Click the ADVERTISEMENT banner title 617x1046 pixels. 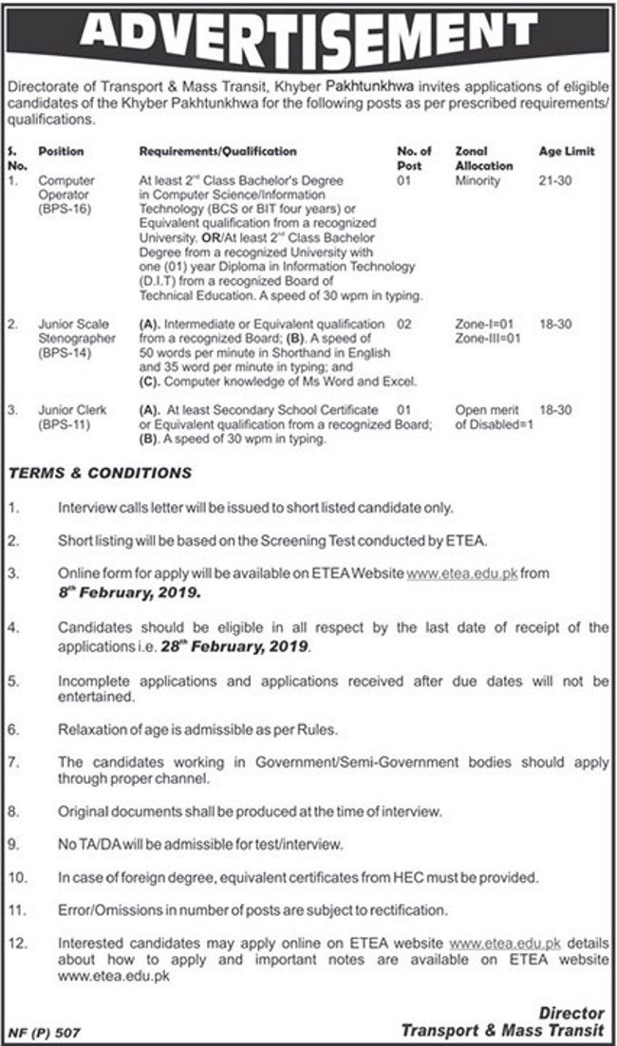[x=308, y=35]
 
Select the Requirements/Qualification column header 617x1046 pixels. [x=217, y=152]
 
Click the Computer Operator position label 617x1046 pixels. [x=64, y=185]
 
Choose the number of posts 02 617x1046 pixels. [x=404, y=324]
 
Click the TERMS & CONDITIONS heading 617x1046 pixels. [x=101, y=473]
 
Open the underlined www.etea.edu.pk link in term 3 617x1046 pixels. [x=466, y=574]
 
